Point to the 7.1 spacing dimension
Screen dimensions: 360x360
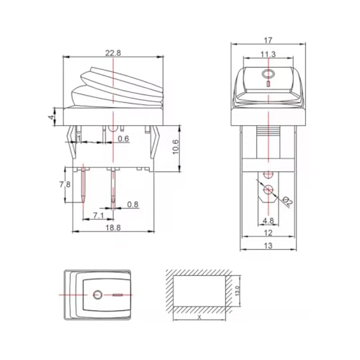coord(99,215)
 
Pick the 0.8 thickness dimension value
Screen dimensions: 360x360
coord(132,204)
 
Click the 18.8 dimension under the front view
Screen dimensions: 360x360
coord(114,227)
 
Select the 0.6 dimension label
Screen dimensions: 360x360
coord(124,139)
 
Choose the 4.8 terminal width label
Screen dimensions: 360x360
coord(267,221)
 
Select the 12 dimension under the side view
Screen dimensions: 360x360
coord(268,233)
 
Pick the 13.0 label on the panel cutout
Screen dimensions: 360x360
coord(238,294)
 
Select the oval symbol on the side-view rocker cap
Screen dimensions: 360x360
coord(268,74)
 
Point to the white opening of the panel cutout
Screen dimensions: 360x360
coord(199,294)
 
